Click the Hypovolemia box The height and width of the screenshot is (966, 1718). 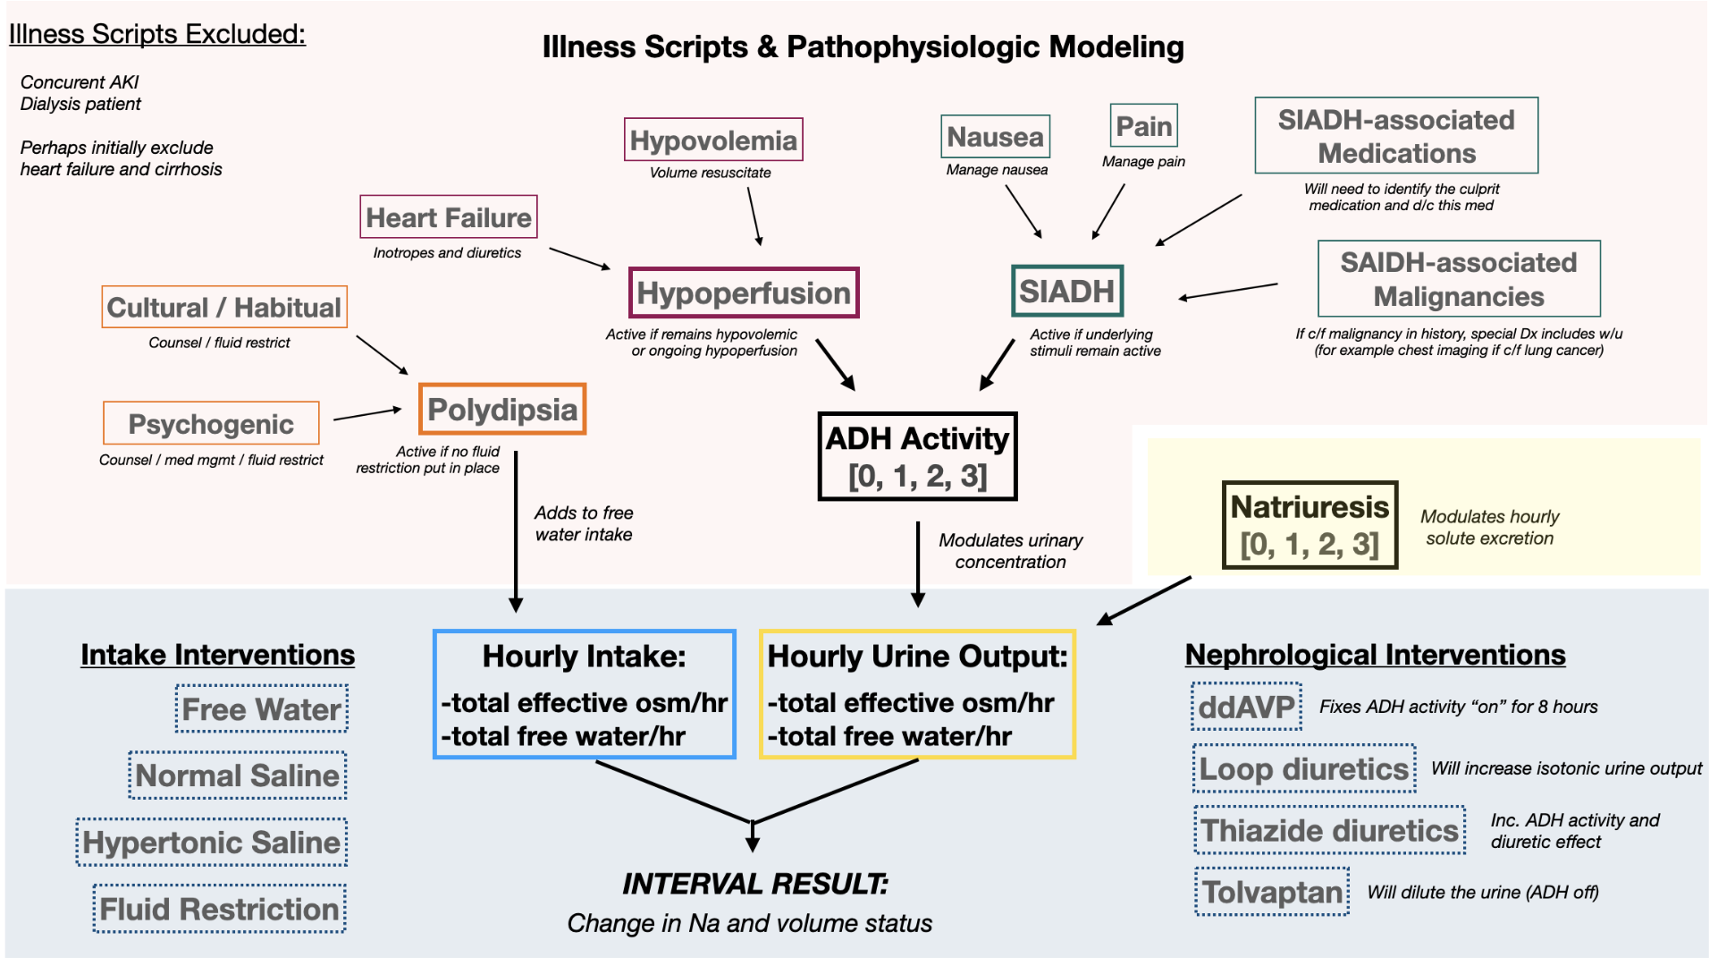713,140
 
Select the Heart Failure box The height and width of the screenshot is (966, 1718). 449,217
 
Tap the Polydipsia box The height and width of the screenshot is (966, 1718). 502,410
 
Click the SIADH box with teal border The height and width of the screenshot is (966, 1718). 1067,292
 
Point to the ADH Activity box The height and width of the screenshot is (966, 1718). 918,456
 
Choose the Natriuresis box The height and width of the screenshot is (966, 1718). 1310,525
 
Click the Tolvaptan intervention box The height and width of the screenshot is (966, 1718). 1272,892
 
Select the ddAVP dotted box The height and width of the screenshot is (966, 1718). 1246,707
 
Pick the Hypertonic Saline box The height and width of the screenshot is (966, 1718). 212,843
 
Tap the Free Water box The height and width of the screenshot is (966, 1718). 262,709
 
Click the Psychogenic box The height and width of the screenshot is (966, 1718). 211,424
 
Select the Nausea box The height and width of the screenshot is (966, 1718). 995,137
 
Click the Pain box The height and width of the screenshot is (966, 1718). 1144,126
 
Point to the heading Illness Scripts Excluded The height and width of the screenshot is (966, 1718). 157,34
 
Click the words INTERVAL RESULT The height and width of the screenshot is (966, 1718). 755,884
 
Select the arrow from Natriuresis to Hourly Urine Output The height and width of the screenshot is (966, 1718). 1144,601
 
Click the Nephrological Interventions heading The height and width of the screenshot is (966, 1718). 1375,655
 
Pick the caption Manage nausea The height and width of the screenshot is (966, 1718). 997,170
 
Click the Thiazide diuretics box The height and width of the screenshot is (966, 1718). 1329,830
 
